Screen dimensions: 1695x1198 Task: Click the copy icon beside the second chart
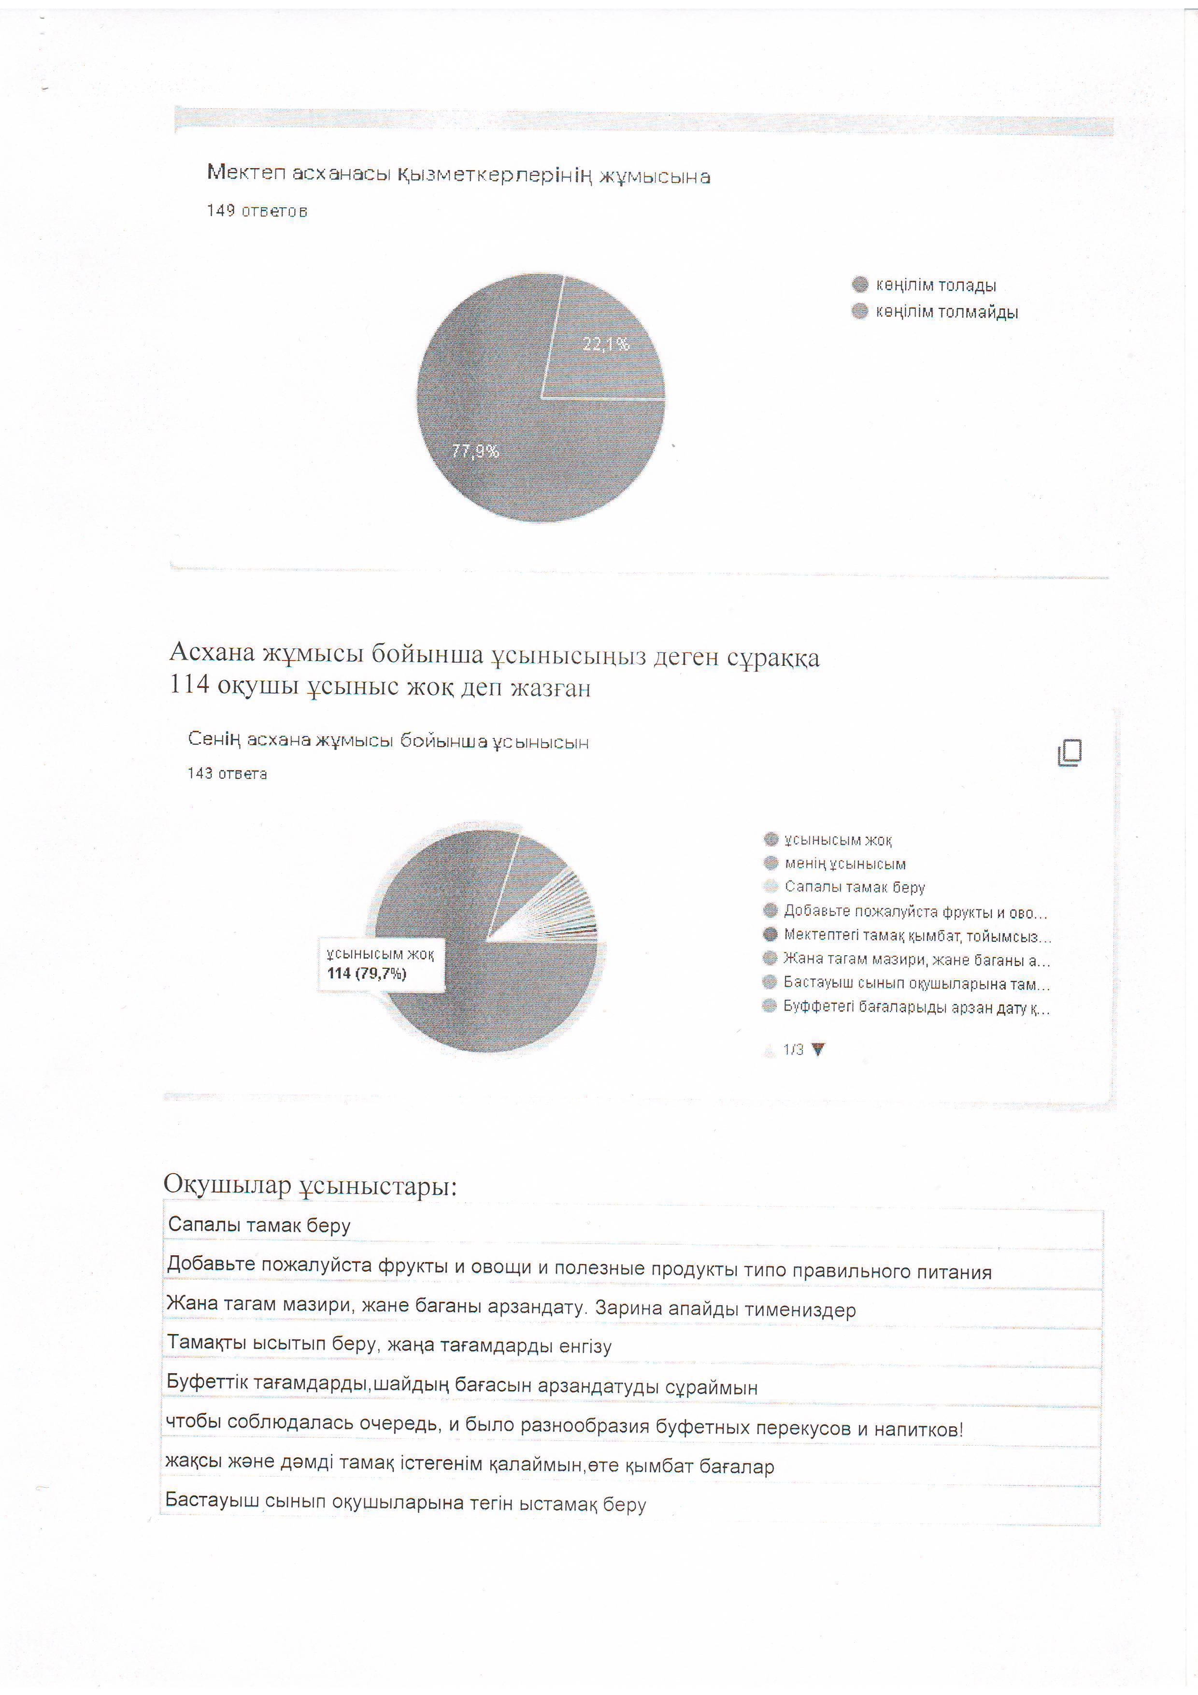point(1070,752)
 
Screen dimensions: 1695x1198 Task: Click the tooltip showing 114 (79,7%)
point(381,964)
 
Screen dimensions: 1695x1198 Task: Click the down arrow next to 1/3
point(817,1049)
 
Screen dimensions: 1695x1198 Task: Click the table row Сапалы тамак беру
point(259,1225)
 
